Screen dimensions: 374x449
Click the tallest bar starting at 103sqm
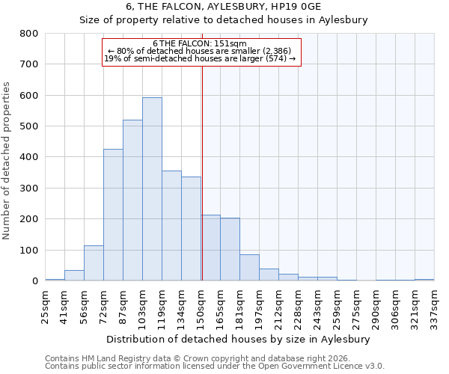[152, 189]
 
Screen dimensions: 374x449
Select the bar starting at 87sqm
[132, 200]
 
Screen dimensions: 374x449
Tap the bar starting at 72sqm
[113, 215]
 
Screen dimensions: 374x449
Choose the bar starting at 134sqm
[191, 229]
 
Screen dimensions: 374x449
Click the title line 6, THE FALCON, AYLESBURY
[224, 7]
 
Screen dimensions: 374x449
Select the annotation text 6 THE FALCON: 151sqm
[200, 44]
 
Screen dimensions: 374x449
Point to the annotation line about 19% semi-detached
[200, 58]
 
